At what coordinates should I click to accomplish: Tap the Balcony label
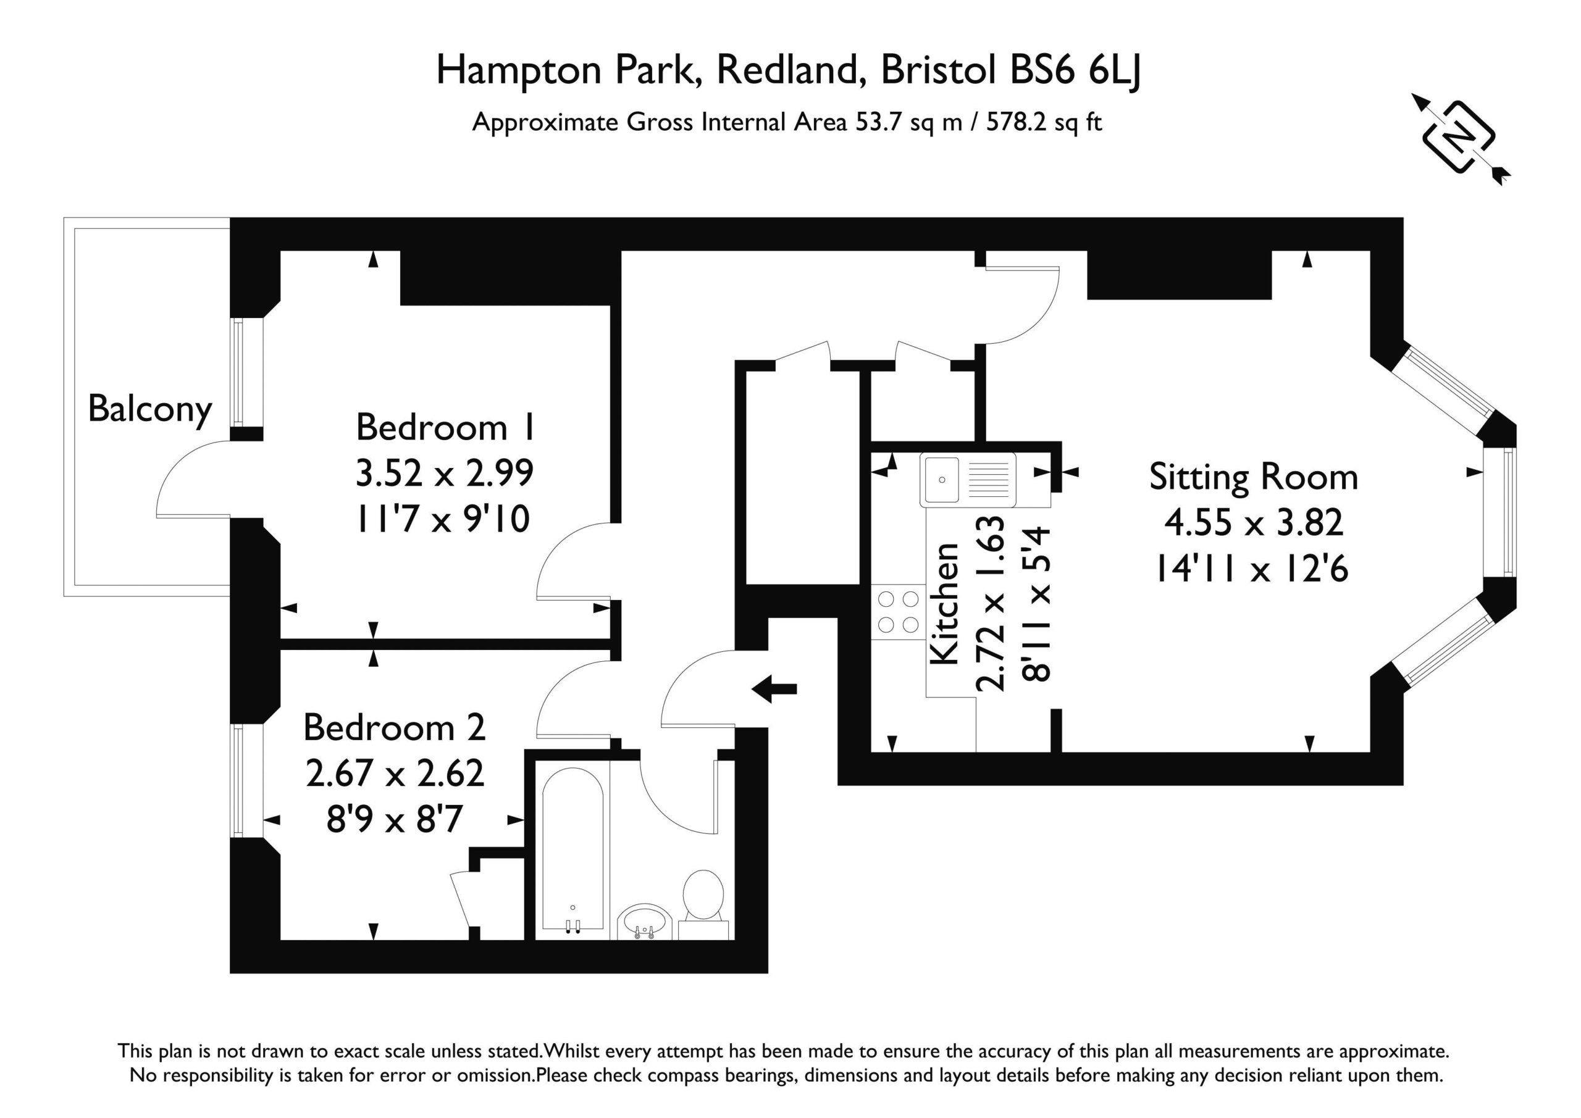click(x=150, y=411)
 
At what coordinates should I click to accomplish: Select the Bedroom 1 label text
click(x=445, y=428)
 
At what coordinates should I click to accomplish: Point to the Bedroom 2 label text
click(x=395, y=728)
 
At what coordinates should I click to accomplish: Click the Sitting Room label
click(x=1253, y=477)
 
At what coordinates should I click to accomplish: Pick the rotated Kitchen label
click(x=944, y=604)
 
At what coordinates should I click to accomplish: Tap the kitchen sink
click(x=968, y=479)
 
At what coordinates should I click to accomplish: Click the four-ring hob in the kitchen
click(x=898, y=612)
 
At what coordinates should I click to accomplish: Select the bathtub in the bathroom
click(x=572, y=851)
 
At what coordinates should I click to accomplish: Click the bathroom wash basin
click(x=644, y=922)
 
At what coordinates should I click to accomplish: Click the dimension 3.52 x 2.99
click(x=445, y=473)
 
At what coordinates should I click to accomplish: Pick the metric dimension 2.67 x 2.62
click(x=395, y=773)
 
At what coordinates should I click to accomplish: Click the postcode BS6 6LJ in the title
click(x=1076, y=70)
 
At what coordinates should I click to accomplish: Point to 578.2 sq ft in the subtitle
click(x=1044, y=122)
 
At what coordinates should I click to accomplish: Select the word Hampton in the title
click(x=519, y=71)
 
